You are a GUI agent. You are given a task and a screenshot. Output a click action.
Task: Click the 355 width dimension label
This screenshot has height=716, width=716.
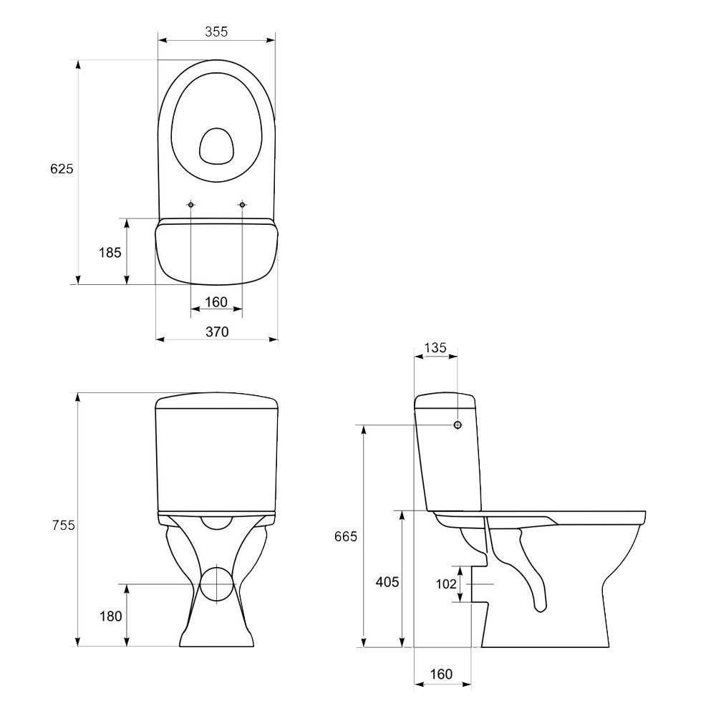pyautogui.click(x=216, y=32)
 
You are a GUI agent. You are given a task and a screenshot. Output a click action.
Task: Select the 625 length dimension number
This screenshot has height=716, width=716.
pyautogui.click(x=62, y=169)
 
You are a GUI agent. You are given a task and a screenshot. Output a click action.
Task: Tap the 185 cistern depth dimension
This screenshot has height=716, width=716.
pyautogui.click(x=110, y=253)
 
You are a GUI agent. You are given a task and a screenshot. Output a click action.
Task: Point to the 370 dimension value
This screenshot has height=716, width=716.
pyautogui.click(x=217, y=332)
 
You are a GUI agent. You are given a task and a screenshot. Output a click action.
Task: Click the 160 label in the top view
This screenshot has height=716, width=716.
pyautogui.click(x=216, y=302)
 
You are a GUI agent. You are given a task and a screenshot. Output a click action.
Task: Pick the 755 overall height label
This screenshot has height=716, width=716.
pyautogui.click(x=64, y=526)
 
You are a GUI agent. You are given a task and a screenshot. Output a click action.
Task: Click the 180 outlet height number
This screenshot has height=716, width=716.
pyautogui.click(x=111, y=616)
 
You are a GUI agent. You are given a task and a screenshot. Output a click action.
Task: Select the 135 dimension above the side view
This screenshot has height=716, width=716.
pyautogui.click(x=435, y=348)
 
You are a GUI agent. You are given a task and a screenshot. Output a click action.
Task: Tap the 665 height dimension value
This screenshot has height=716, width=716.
pyautogui.click(x=346, y=536)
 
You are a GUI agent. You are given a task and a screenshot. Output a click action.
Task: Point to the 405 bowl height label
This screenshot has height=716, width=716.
pyautogui.click(x=387, y=582)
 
